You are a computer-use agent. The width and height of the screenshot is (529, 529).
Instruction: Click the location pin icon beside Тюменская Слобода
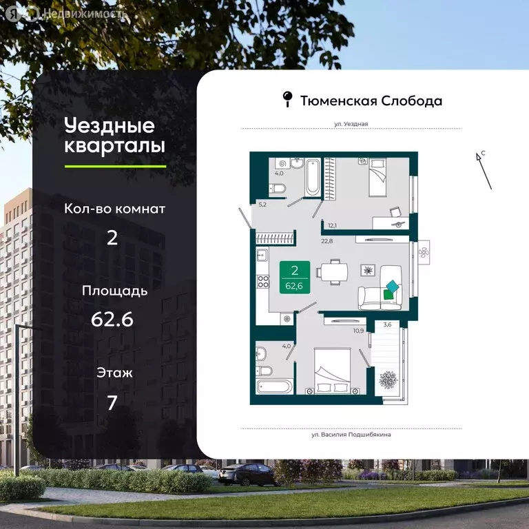288,101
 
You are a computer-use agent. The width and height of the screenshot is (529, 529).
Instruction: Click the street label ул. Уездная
351,124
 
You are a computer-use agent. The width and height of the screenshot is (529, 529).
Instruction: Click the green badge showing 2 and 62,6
294,278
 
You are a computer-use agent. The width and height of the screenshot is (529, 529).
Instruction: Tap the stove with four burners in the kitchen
262,282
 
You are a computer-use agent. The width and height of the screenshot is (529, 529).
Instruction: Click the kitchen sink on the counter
262,256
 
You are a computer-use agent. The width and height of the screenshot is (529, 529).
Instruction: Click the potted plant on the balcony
388,380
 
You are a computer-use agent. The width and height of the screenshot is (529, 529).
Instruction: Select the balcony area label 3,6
387,325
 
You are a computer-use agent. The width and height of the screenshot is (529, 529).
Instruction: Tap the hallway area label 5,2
262,205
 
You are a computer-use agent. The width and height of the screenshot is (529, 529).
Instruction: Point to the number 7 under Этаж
112,402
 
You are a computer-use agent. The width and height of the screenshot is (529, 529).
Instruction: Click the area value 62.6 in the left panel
112,320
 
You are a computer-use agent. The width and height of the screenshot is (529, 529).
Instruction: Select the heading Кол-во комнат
115,209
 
